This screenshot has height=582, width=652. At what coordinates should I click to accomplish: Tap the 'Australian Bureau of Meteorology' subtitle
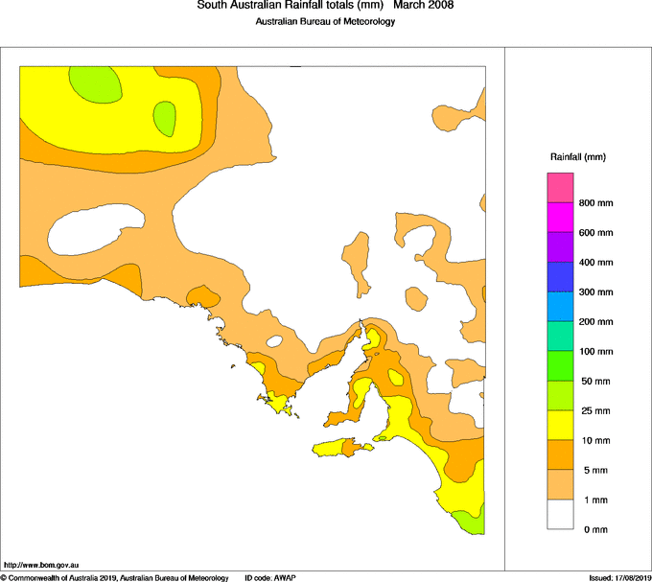(325, 22)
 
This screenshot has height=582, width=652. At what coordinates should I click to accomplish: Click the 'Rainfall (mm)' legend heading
(578, 156)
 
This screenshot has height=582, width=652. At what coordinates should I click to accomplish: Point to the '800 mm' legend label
(595, 203)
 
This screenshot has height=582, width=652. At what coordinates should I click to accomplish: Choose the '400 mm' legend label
(595, 263)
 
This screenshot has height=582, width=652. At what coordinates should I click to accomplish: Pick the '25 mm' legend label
(594, 411)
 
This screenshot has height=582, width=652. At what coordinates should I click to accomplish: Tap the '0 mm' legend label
(592, 530)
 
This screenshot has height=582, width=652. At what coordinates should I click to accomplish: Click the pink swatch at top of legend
(560, 188)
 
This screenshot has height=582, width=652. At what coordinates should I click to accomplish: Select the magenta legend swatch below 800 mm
(560, 218)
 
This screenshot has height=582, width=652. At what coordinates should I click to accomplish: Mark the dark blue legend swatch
(560, 277)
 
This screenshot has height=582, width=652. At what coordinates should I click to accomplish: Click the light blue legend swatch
(560, 307)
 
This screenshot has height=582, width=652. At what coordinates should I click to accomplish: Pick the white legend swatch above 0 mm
(560, 515)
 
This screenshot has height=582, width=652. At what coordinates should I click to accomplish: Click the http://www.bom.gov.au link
(41, 566)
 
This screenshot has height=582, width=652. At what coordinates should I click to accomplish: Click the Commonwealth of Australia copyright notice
(115, 577)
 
